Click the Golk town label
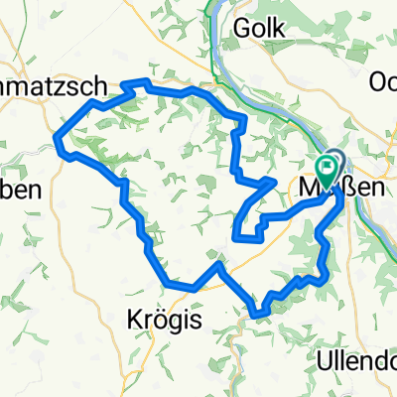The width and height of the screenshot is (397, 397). [261, 30]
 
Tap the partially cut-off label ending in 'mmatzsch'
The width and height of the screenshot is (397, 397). [50, 87]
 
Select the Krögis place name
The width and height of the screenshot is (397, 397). [164, 320]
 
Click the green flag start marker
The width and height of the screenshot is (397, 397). [330, 164]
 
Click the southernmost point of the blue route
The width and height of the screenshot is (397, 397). [257, 315]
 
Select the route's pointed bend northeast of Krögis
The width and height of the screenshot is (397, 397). [217, 266]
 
